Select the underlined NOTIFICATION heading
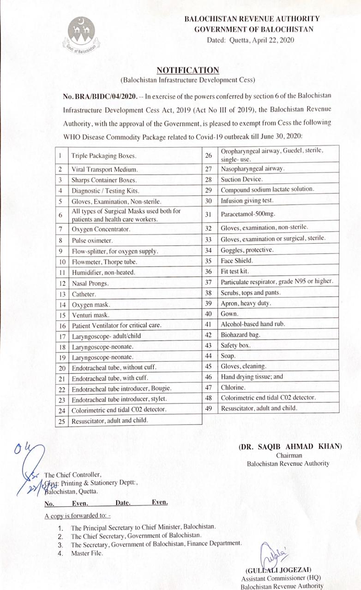coord(187,70)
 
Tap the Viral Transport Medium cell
coord(99,169)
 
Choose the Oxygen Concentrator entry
coord(101,229)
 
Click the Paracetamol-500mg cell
coord(245,213)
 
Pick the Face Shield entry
coord(236,260)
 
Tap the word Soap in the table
coord(228,356)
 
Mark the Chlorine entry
coord(233,387)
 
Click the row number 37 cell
coord(209,282)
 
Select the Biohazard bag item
coord(240,335)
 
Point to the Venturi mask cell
coord(90,315)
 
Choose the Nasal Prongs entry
coord(90,283)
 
